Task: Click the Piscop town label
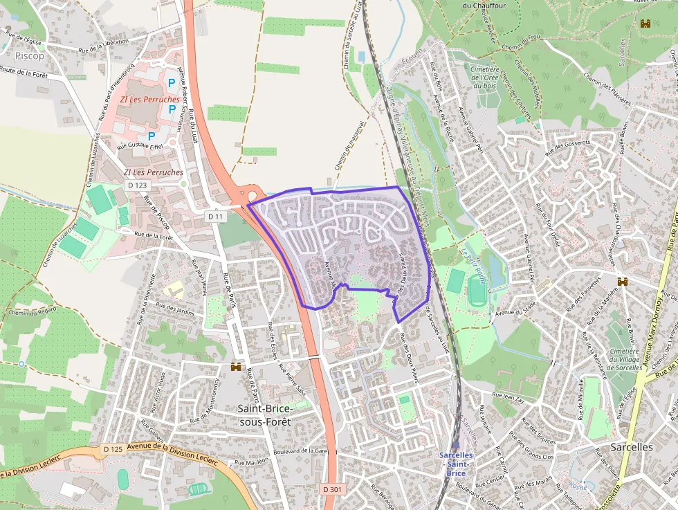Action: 28,55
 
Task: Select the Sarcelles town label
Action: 631,447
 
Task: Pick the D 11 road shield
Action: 216,217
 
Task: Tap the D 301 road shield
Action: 333,489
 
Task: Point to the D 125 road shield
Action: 113,450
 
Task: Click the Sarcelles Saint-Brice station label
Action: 456,464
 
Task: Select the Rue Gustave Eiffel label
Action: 141,146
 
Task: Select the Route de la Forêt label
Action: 24,71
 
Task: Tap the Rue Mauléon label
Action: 250,462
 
